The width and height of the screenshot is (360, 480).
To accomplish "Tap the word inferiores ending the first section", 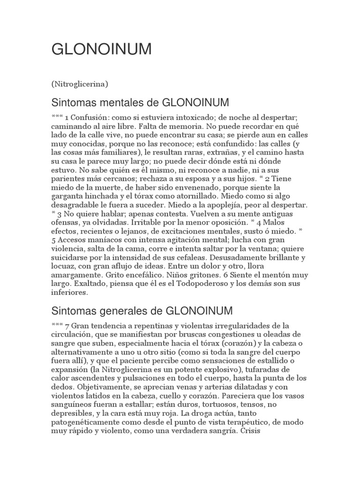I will (x=69, y=293).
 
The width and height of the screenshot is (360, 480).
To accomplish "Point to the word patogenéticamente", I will (x=86, y=422).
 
